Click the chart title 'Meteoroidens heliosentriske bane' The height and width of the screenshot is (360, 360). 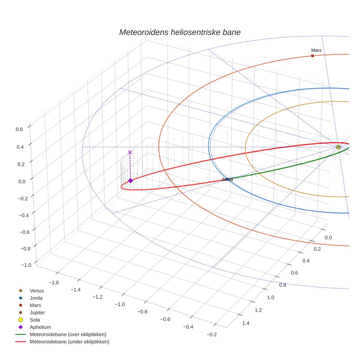180,32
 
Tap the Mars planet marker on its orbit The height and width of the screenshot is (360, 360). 312,56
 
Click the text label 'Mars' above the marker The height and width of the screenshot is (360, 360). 316,50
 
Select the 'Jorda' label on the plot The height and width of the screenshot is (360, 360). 227,179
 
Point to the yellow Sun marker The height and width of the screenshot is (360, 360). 338,147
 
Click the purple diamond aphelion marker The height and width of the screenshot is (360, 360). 130,180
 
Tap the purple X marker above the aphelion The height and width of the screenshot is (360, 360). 130,152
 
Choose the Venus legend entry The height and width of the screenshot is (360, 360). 37,290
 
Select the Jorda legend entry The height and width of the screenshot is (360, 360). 36,298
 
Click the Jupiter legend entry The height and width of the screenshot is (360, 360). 37,312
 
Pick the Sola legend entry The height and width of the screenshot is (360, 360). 35,320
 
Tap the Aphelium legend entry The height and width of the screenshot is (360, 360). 40,327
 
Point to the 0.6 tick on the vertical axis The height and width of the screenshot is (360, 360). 19,129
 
